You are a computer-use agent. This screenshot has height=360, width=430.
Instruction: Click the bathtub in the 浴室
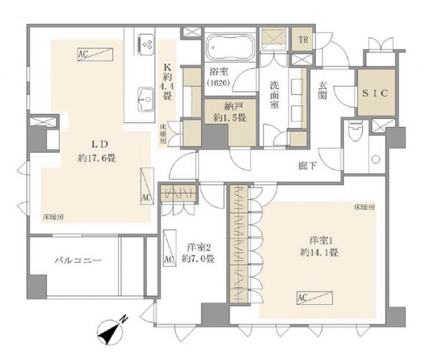(x=230, y=47)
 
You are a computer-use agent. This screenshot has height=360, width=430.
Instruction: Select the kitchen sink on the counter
(x=146, y=99)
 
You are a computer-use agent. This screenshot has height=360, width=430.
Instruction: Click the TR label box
(x=303, y=40)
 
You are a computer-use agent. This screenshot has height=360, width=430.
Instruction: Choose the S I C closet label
(x=376, y=93)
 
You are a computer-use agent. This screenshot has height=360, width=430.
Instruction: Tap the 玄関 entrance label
(x=322, y=91)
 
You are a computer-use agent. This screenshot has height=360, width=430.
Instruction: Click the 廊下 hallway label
(x=308, y=166)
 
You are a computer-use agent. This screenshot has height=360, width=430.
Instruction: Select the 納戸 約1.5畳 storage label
(x=230, y=113)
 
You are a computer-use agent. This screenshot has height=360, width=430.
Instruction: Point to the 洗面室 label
(x=274, y=95)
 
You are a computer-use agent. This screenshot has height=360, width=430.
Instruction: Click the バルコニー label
(x=78, y=260)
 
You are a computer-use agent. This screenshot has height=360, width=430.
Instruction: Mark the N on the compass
(x=124, y=320)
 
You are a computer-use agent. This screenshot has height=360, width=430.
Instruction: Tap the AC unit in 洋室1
(x=315, y=298)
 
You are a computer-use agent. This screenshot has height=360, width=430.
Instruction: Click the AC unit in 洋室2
(x=169, y=248)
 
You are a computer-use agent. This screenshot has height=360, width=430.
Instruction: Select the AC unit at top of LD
(x=95, y=54)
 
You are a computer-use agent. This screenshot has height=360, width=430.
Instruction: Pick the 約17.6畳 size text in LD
(x=97, y=158)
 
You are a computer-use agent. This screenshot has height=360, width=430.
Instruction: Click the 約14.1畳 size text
(x=320, y=253)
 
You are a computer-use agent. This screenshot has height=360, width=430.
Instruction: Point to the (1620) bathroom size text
(x=218, y=82)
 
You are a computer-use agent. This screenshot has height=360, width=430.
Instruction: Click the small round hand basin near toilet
(x=376, y=159)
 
